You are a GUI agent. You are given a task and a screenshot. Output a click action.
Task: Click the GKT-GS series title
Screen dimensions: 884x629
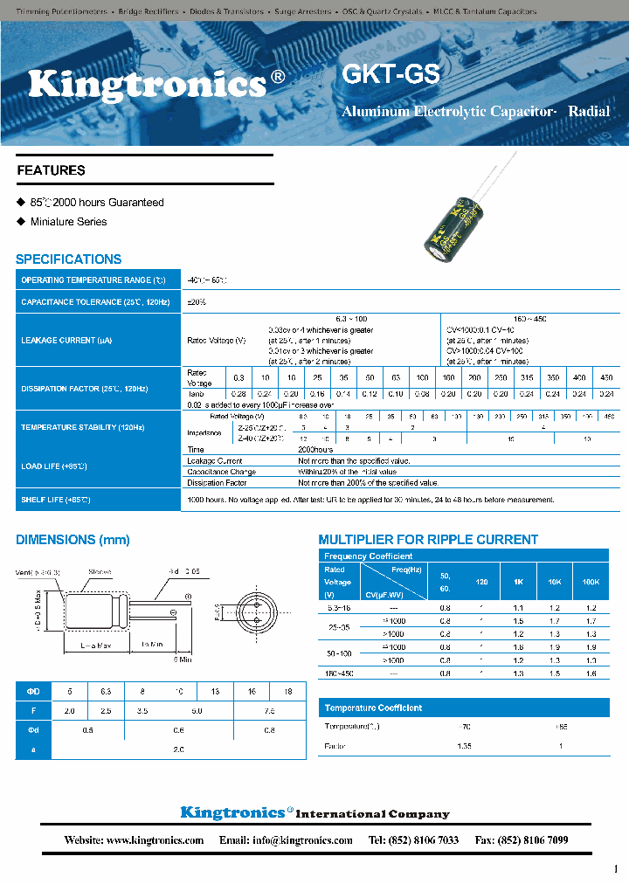(391, 74)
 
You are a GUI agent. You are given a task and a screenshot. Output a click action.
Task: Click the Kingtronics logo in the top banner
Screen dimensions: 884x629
(148, 84)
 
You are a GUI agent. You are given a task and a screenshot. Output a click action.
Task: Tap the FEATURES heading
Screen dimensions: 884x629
(52, 170)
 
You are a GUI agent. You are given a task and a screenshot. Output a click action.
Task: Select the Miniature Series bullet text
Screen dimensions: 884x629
(68, 222)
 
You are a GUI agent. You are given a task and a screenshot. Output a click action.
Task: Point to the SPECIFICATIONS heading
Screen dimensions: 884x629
(68, 259)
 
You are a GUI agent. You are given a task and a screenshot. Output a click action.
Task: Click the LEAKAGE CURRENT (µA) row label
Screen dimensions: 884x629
(66, 340)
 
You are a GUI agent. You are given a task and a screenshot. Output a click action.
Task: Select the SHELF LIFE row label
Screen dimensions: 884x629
(55, 500)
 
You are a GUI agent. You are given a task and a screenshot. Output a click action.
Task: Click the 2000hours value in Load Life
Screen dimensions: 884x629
(317, 450)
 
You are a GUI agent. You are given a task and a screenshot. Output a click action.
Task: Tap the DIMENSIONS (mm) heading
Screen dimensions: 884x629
(73, 540)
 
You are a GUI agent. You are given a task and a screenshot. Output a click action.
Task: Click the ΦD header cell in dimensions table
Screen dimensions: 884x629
(33, 691)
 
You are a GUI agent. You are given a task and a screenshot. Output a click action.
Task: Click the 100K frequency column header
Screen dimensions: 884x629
(591, 581)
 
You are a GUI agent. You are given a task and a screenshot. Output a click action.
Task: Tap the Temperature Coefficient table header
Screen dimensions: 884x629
(373, 708)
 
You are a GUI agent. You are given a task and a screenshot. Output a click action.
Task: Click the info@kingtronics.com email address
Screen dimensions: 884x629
(299, 840)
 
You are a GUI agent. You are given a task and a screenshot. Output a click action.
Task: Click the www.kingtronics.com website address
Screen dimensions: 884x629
(155, 840)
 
